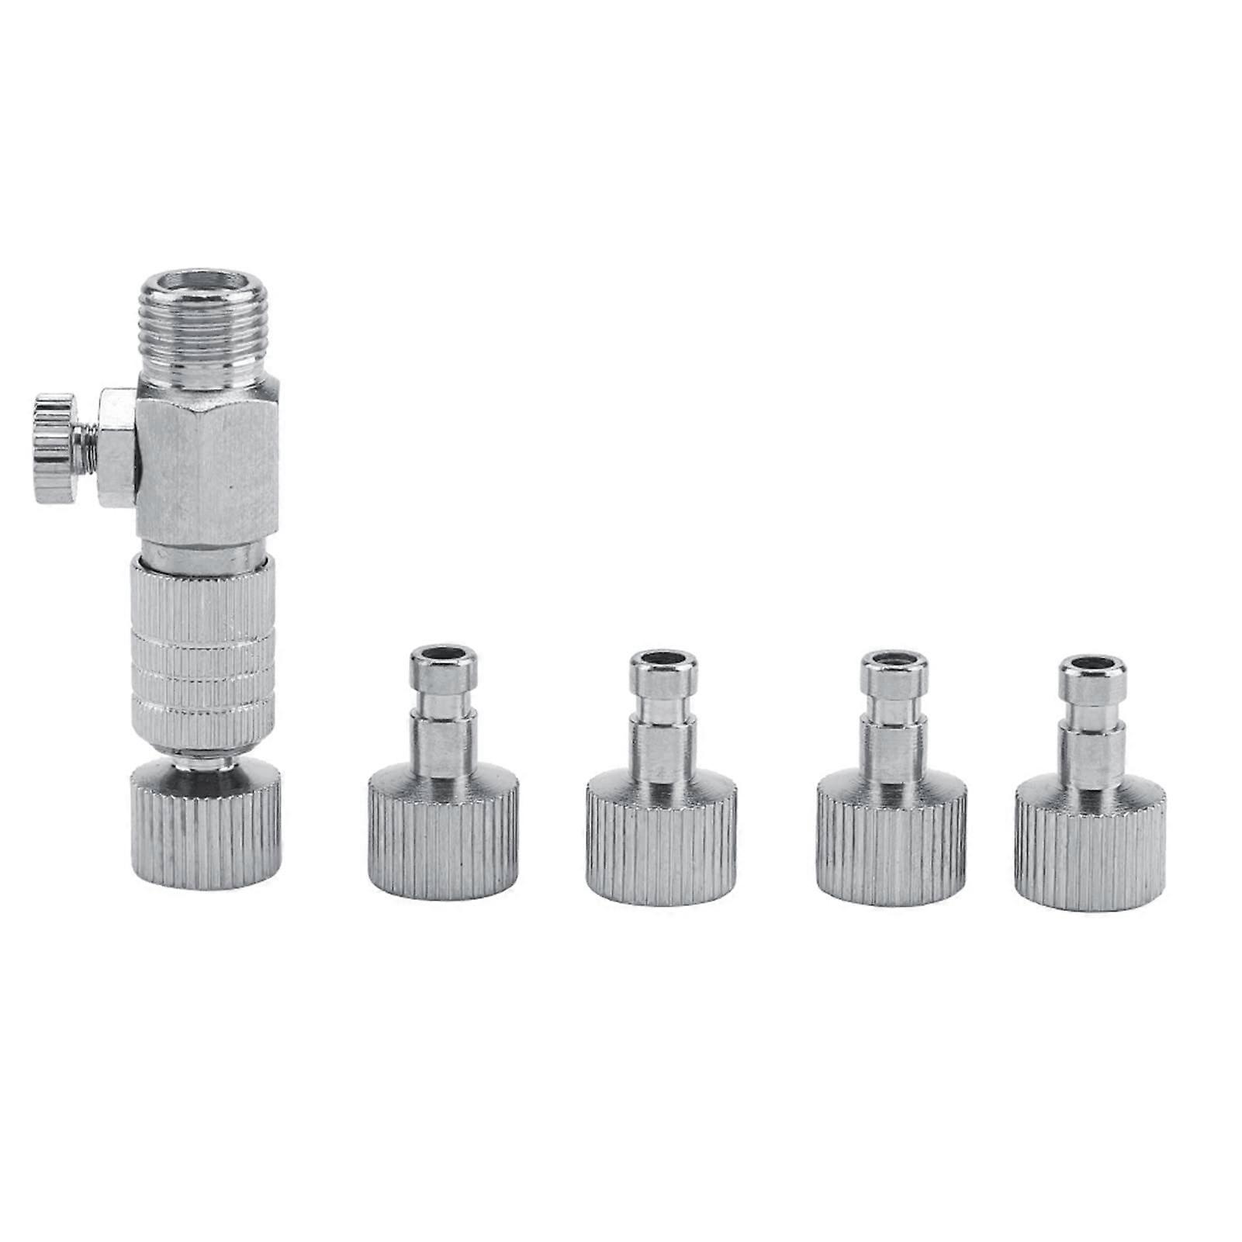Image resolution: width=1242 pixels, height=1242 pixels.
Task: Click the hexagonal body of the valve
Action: click(x=206, y=458)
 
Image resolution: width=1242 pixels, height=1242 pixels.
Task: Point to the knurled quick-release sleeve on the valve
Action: click(x=202, y=652)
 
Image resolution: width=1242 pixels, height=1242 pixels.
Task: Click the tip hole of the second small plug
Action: click(x=662, y=661)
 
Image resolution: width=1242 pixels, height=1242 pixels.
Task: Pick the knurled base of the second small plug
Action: click(x=662, y=849)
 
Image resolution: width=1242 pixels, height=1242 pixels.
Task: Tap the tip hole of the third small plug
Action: click(x=894, y=662)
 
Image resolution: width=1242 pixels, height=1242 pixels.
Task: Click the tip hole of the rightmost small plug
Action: click(x=1092, y=666)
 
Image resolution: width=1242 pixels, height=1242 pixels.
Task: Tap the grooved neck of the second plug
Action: click(x=662, y=709)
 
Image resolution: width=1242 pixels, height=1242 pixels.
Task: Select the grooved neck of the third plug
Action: click(x=894, y=709)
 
